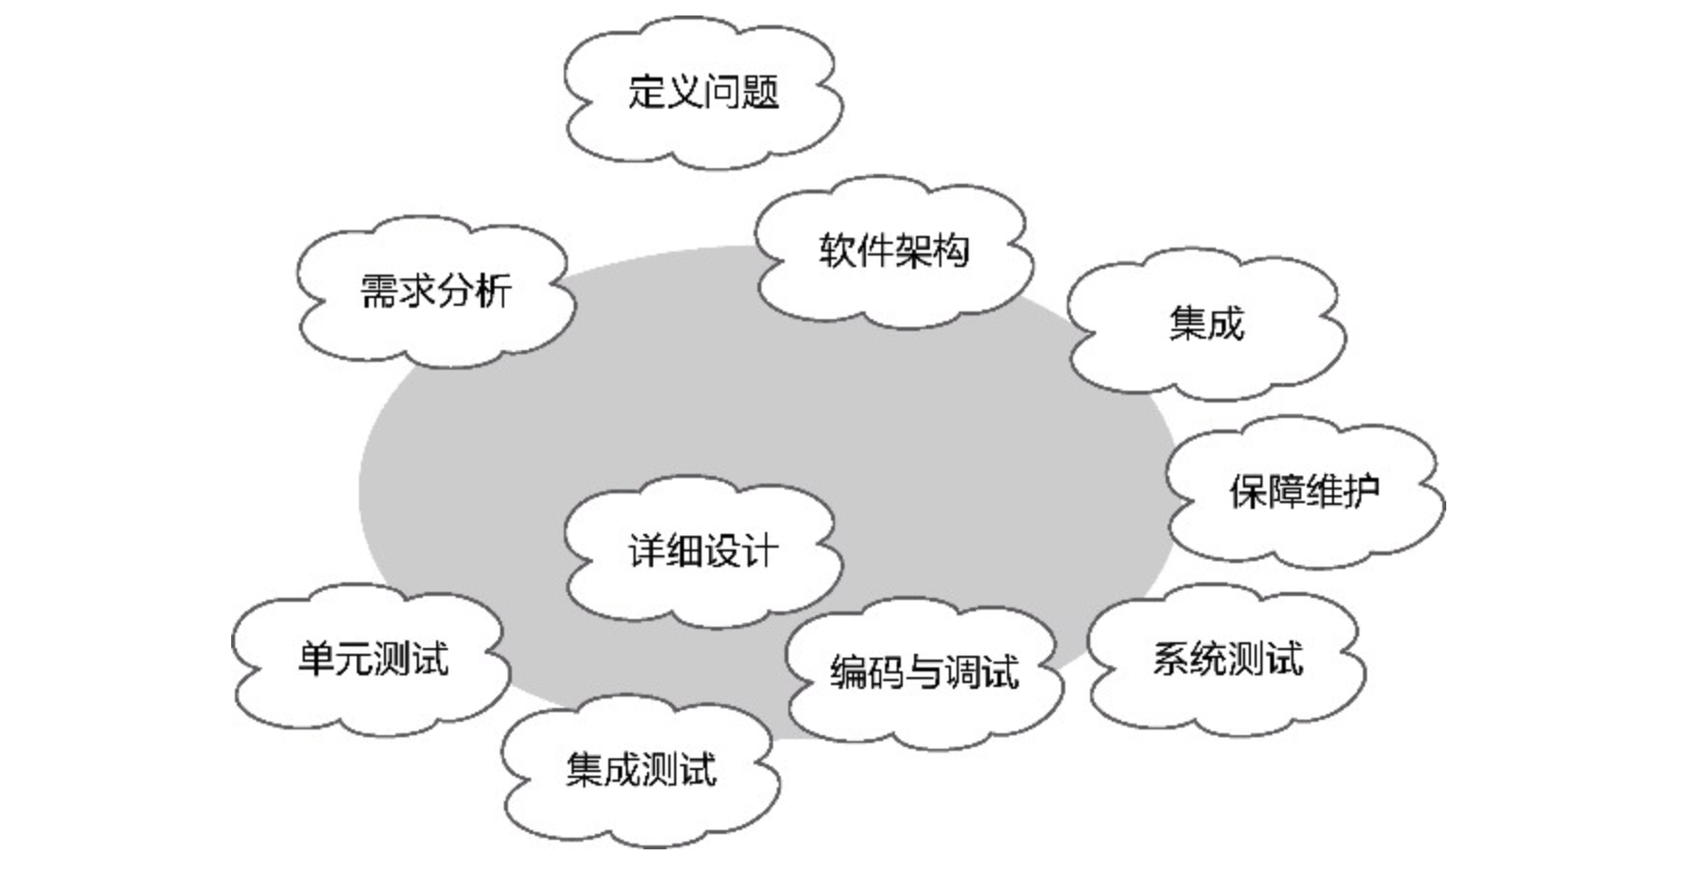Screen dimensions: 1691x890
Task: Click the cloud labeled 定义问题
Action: [x=703, y=93]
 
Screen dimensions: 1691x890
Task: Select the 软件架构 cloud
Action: [x=893, y=252]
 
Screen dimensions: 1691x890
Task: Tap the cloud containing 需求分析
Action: [x=435, y=291]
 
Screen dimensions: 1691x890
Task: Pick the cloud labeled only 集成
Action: [x=1206, y=323]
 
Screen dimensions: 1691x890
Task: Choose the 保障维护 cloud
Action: [x=1304, y=491]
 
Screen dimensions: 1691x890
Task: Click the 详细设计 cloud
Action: [x=703, y=551]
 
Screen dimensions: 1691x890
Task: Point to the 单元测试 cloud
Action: [x=372, y=660]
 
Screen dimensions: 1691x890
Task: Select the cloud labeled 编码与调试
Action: [x=924, y=671]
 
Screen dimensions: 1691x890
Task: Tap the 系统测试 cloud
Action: [x=1227, y=660]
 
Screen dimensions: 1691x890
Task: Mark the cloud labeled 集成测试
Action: [x=641, y=771]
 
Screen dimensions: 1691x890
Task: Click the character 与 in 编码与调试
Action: [x=924, y=671]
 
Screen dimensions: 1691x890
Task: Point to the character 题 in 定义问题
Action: [x=760, y=93]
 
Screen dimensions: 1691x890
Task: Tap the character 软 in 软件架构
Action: [x=838, y=252]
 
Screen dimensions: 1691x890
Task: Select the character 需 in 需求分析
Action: [x=379, y=291]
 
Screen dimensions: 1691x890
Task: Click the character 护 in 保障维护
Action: [x=1361, y=491]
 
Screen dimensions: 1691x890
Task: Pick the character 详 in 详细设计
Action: [x=647, y=551]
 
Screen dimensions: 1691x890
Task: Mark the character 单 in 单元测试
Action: [x=316, y=660]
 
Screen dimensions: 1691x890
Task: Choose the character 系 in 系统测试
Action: [x=1171, y=660]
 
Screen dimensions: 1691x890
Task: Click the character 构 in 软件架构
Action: [x=950, y=252]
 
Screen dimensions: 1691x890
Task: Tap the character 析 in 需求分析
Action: [x=492, y=291]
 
